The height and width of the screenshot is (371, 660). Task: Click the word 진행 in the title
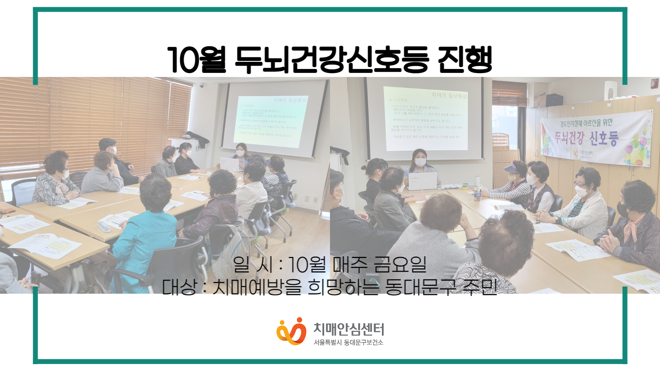pyautogui.click(x=465, y=60)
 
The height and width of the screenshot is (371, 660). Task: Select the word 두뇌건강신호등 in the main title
pyautogui.click(x=332, y=60)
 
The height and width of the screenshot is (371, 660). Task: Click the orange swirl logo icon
pyautogui.click(x=291, y=331)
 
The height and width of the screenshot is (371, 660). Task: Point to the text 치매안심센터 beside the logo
pyautogui.click(x=349, y=329)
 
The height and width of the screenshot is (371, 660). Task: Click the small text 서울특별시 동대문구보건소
pyautogui.click(x=348, y=342)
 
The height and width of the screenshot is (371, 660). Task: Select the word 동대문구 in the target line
pyautogui.click(x=420, y=287)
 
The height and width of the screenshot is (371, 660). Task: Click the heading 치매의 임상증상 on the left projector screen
pyautogui.click(x=289, y=100)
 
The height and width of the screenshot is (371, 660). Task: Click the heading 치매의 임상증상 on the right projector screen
pyautogui.click(x=449, y=95)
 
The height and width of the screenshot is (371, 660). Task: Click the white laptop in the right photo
pyautogui.click(x=422, y=181)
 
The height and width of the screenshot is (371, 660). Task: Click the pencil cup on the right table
pyautogui.click(x=477, y=194)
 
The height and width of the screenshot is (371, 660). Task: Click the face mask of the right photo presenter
pyautogui.click(x=420, y=162)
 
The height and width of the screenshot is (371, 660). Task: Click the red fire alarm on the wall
pyautogui.click(x=654, y=83)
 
